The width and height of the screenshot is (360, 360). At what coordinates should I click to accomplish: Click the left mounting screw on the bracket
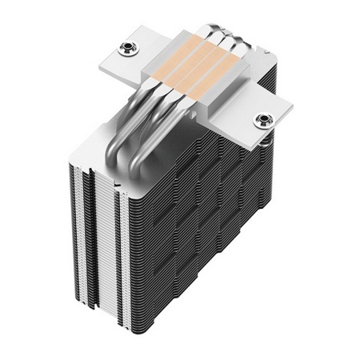[x=125, y=49]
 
